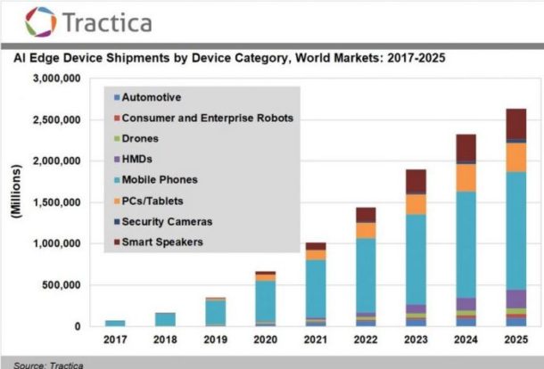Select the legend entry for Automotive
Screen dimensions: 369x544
click(x=151, y=96)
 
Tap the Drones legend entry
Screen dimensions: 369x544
click(x=142, y=138)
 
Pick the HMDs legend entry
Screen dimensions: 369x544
click(x=138, y=159)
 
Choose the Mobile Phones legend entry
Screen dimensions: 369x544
click(x=159, y=179)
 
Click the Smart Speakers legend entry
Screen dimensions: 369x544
click(x=163, y=242)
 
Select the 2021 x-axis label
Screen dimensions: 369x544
click(x=316, y=340)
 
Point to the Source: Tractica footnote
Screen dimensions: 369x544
click(x=44, y=363)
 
